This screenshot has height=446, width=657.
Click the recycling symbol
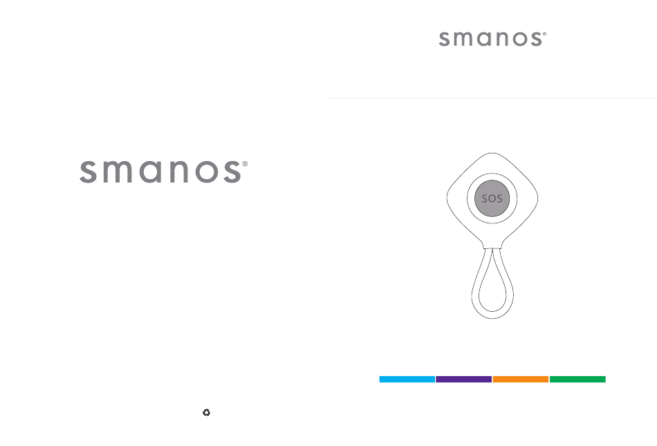click(x=206, y=413)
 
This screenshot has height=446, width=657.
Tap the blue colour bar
click(x=407, y=379)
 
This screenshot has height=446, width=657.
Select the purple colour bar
click(x=463, y=379)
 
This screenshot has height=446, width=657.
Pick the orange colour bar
click(x=520, y=379)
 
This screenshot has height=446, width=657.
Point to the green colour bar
click(x=577, y=379)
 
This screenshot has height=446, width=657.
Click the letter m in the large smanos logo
click(x=118, y=171)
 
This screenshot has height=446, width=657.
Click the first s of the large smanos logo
click(x=88, y=171)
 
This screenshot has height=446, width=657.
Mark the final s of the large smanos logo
click(x=232, y=171)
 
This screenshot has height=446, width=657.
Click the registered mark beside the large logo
click(x=245, y=164)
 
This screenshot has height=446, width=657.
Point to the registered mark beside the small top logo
click(x=544, y=34)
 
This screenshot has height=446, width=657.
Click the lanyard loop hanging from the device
click(x=472, y=293)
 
